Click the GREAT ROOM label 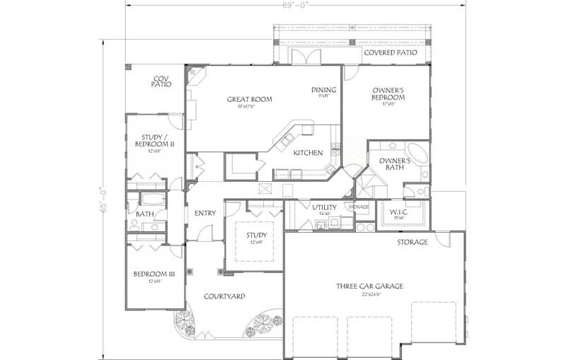[249, 99]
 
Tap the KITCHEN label [308, 153]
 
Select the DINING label [323, 90]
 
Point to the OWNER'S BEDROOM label [388, 94]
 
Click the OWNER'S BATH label [391, 164]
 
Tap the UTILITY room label [325, 207]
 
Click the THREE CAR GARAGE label [369, 286]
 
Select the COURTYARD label [224, 296]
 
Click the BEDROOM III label [154, 274]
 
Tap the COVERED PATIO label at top [390, 53]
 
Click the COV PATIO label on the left [161, 81]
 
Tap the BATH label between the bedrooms [145, 214]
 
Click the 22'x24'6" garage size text [369, 294]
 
